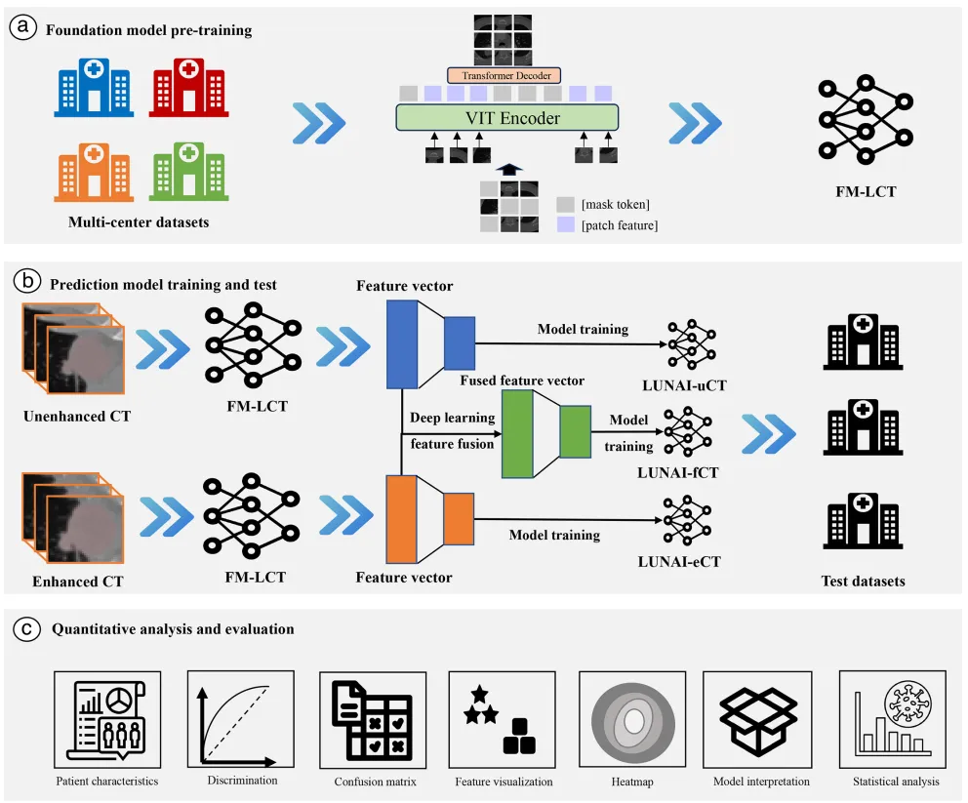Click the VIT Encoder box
coord(506,118)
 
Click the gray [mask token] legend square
coord(564,205)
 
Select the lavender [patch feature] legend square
coord(564,223)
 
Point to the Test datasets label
coord(863,581)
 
